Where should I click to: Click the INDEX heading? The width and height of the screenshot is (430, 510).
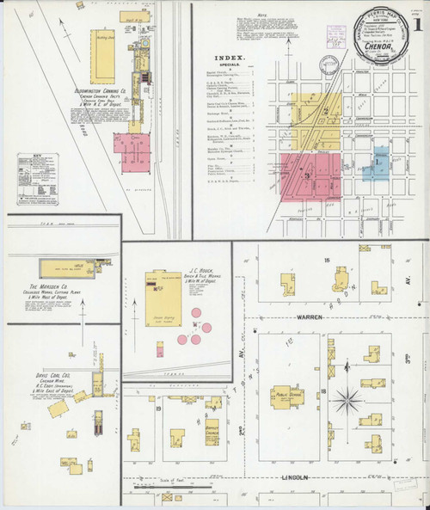click(229, 59)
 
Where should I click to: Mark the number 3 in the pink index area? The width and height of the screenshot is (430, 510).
click(305, 175)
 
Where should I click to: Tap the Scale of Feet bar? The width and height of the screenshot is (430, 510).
click(183, 484)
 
